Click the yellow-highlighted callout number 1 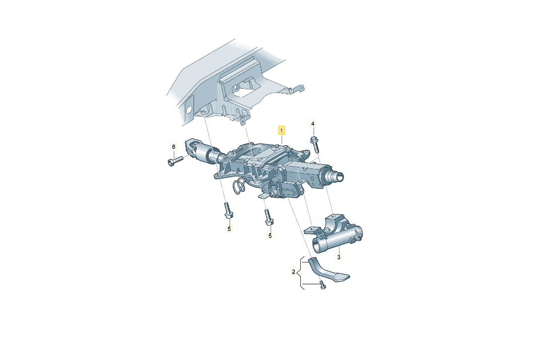pos(281,131)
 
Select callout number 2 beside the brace pos(293,272)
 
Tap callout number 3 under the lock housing pos(339,257)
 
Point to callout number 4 pos(313,124)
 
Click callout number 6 pos(174,147)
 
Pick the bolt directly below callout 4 pos(314,145)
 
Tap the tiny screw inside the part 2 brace pos(322,285)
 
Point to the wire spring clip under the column pos(239,187)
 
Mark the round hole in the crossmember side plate pos(188,109)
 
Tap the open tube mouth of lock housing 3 pos(317,246)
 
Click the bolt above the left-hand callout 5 pos(227,210)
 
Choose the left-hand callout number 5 pos(229,229)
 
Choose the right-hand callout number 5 pos(270,236)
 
